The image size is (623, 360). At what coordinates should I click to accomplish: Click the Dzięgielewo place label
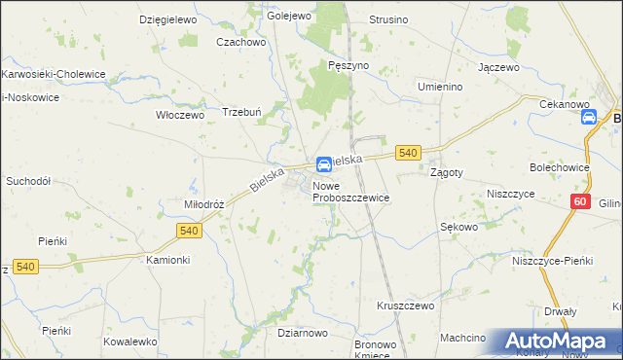pos(168,19)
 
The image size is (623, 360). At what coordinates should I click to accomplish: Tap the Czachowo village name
pos(241,42)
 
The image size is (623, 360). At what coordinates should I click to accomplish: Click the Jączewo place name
pos(497,68)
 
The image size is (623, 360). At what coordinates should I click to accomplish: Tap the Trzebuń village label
pos(243,110)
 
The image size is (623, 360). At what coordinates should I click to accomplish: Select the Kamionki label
pos(167,261)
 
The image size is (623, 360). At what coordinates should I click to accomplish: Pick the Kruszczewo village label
pos(405,305)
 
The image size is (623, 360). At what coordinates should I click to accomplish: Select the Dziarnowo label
pos(302,333)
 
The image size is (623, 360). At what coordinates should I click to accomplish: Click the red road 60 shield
pos(580,201)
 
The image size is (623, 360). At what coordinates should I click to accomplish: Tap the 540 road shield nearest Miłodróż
pos(190,231)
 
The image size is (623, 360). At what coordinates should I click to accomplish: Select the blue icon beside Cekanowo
pos(588,118)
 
